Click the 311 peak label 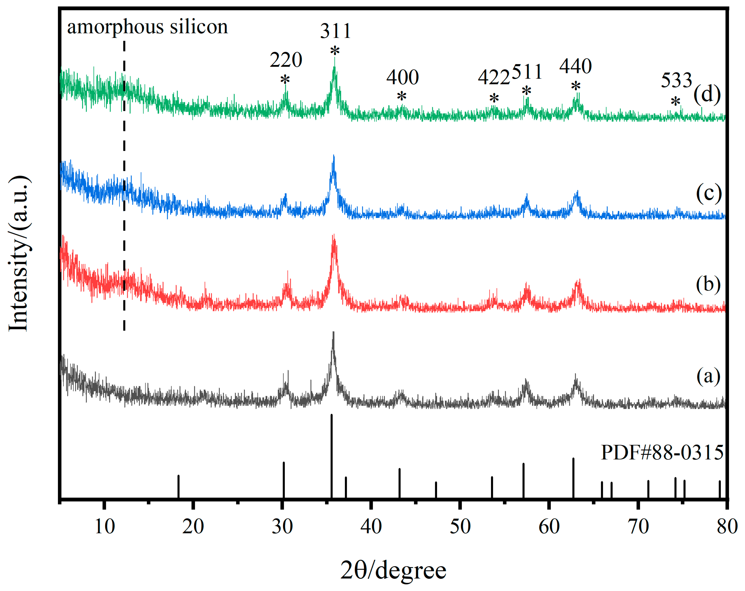[x=336, y=31]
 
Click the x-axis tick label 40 [x=371, y=527]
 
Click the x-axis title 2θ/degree [x=393, y=571]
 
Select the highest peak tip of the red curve [x=334, y=236]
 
